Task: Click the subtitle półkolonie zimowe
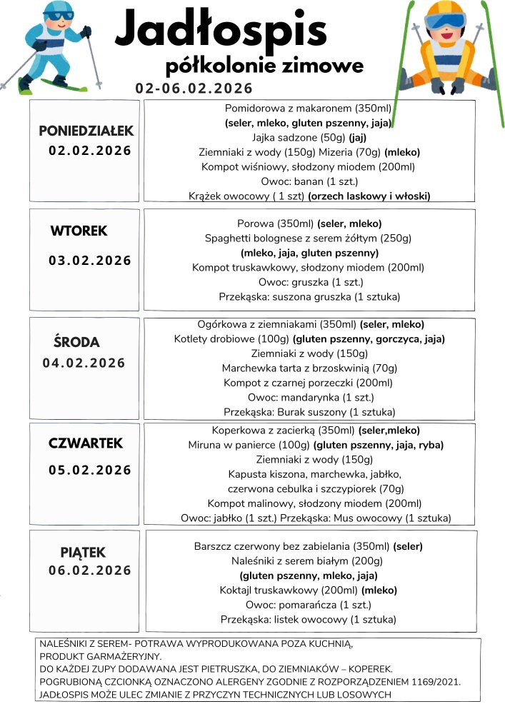(x=264, y=66)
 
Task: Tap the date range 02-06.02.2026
(x=194, y=89)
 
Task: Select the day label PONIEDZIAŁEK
(x=86, y=131)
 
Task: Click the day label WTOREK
(x=79, y=231)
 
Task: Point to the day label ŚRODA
(x=77, y=341)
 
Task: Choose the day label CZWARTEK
(x=86, y=443)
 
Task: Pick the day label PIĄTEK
(x=83, y=552)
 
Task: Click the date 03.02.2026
(x=90, y=261)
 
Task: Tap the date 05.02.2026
(x=90, y=470)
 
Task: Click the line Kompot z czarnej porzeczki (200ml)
(x=309, y=383)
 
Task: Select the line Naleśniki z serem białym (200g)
(x=309, y=561)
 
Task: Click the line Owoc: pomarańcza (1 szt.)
(x=309, y=605)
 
